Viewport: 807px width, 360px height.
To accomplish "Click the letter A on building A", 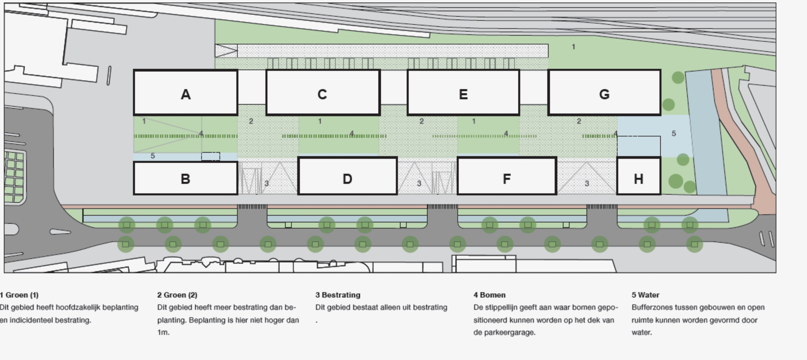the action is point(186,94).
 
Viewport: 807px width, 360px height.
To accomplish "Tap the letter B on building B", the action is point(185,179).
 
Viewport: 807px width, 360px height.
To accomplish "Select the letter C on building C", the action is point(322,94).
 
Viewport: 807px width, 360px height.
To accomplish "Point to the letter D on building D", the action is point(347,179).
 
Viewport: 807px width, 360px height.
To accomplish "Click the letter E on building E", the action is point(463,94).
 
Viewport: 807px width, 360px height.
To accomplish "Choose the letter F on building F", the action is point(507,179).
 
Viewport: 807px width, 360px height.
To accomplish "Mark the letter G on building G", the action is point(604,94).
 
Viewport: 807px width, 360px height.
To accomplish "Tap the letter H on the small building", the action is point(639,179).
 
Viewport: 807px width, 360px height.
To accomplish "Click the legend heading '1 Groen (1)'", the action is point(19,295).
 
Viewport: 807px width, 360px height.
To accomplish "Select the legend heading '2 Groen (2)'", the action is point(177,295).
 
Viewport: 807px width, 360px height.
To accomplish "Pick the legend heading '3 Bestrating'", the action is point(338,295).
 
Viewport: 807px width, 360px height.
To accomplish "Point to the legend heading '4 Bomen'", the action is point(489,295).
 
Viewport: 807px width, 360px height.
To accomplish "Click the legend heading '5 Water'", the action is point(645,295).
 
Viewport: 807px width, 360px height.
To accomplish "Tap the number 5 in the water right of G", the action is point(674,133).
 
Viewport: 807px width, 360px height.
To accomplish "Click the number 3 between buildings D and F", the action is point(419,183).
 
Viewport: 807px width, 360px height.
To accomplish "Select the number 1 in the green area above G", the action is point(573,47).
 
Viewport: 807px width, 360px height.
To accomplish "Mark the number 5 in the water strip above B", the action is point(153,156).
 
